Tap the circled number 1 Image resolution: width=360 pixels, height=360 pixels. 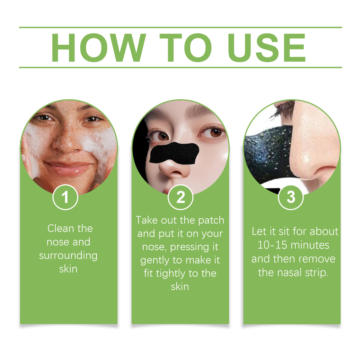pyautogui.click(x=65, y=197)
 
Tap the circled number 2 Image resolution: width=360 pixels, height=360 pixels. pyautogui.click(x=180, y=197)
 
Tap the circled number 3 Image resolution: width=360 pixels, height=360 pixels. pyautogui.click(x=291, y=197)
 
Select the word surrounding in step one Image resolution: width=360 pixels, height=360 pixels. pyautogui.click(x=68, y=256)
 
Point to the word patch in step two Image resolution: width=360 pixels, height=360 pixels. pyautogui.click(x=211, y=220)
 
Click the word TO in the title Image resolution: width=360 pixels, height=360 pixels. pyautogui.click(x=186, y=48)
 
